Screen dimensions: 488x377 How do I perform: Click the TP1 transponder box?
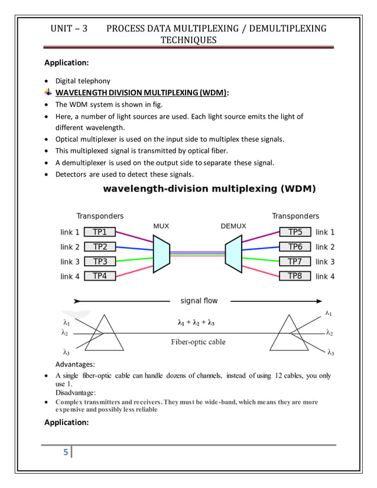pos(100,232)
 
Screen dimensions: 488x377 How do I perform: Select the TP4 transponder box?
pos(100,276)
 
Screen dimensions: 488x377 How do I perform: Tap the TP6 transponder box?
pos(295,247)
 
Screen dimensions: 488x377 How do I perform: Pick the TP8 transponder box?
pos(295,276)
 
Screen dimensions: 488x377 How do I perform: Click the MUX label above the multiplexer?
pos(161,226)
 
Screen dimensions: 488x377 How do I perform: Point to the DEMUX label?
pos(233,226)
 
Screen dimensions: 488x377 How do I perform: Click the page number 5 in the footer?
pos(66,453)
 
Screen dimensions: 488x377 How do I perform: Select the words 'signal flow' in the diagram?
pos(199,301)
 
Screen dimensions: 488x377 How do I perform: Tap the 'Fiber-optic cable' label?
pos(198,341)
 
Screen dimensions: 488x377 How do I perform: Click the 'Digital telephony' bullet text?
pos(83,80)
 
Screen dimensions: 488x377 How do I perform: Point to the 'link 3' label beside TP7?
pos(325,262)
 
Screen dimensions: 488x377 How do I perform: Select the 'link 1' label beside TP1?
pos(70,232)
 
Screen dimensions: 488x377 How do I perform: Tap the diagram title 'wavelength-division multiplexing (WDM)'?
pos(210,190)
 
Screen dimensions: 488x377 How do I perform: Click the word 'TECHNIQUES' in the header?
pos(189,40)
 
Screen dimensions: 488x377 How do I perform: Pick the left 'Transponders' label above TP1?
pos(100,216)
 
